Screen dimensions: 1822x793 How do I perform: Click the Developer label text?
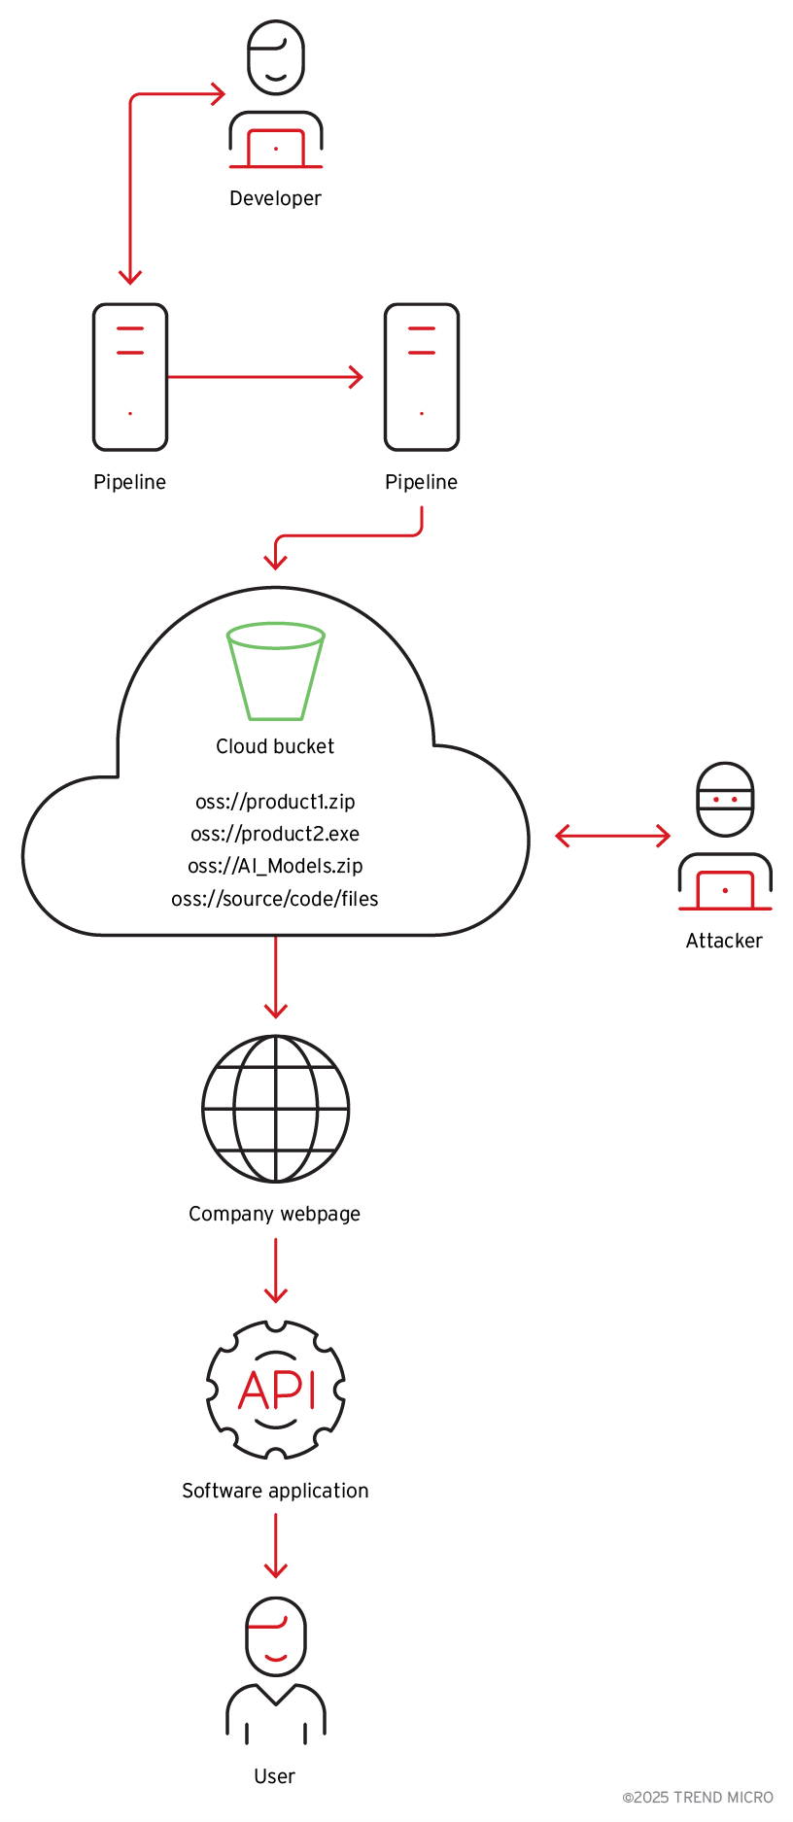275,198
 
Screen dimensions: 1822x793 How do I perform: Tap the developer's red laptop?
276,149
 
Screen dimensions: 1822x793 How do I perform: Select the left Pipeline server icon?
130,377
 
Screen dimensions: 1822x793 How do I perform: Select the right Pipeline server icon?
422,377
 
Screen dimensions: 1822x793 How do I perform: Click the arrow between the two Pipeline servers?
265,377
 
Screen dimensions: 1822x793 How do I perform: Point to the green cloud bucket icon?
276,671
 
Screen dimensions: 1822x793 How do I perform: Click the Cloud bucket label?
275,746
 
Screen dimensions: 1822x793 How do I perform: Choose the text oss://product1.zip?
275,802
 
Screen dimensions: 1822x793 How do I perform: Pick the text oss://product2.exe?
275,834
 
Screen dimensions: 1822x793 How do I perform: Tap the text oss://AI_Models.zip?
275,866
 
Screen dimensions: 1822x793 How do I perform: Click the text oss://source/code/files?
275,899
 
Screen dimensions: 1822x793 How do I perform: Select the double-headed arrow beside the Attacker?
612,836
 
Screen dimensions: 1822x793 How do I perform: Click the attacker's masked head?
726,799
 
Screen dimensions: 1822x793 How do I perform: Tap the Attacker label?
724,941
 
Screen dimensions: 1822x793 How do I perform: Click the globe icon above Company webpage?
276,1109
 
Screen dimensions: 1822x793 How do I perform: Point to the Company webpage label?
274,1214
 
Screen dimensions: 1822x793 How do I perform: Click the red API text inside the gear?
277,1390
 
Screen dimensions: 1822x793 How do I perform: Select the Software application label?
275,1491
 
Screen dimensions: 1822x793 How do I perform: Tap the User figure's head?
276,1636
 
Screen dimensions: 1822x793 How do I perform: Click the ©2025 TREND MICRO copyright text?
698,1798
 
